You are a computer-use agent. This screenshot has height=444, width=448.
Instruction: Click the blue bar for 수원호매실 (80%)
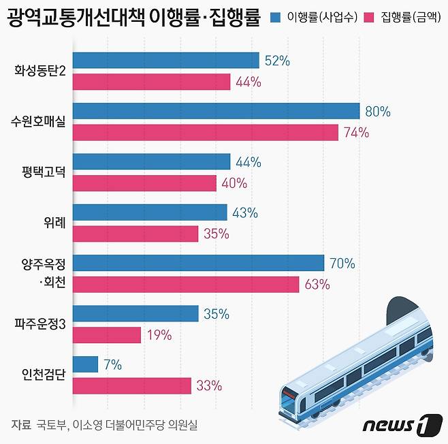[x=216, y=111]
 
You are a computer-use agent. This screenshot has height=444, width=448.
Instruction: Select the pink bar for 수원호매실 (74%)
[x=205, y=132]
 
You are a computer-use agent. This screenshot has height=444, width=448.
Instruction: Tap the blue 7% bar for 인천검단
[x=85, y=364]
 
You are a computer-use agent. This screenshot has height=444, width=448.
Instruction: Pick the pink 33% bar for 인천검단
[x=131, y=385]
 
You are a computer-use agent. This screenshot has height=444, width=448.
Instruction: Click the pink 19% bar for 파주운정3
[x=106, y=335]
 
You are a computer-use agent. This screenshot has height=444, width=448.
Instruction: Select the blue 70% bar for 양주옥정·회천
[x=198, y=263]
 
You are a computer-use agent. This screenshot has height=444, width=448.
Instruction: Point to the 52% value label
[x=277, y=61]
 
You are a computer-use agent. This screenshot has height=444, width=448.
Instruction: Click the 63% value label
[x=317, y=284]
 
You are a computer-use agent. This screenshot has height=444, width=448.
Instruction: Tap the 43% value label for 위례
[x=245, y=212]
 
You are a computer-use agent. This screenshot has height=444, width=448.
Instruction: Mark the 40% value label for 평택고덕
[x=234, y=183]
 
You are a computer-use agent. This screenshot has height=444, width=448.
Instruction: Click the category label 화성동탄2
[x=39, y=71]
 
